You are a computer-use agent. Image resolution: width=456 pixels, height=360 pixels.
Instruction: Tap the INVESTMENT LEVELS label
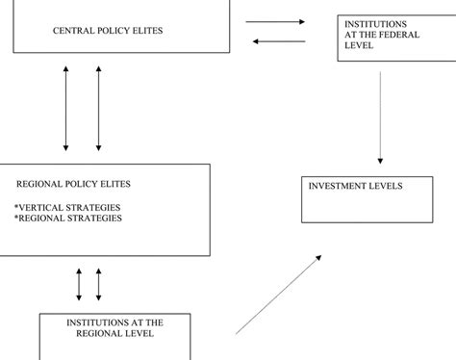(355, 186)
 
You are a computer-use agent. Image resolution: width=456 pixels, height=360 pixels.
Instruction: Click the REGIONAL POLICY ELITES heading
(73, 183)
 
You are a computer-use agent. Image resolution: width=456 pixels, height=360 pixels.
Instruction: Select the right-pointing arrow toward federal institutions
(275, 21)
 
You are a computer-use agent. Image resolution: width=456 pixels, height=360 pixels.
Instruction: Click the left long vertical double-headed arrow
(65, 108)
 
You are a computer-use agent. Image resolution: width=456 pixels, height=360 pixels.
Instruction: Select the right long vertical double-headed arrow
(98, 108)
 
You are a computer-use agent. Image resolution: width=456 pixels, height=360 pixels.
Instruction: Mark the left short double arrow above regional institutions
(79, 284)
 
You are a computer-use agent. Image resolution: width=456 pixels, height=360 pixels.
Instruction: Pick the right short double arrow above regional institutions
(98, 284)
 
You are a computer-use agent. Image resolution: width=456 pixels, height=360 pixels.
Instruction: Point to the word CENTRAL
(74, 31)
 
